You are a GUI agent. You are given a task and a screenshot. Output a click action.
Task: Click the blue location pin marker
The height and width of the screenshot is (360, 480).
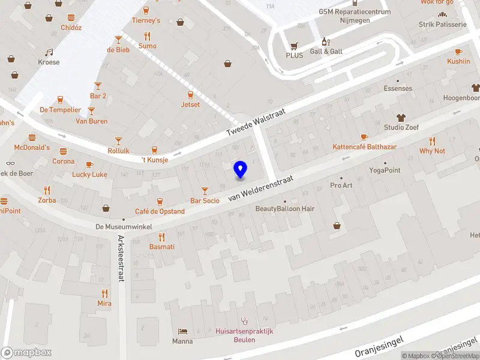coord(240,169)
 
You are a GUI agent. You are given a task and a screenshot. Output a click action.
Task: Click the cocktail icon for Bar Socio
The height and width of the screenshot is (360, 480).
coord(205,190)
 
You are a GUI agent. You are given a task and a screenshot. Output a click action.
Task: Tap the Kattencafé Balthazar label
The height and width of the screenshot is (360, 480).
coord(364,147)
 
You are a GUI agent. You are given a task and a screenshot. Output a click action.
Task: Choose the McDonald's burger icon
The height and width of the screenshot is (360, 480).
coord(63,149)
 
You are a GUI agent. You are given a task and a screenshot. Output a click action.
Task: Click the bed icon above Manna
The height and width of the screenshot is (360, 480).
coord(182,331)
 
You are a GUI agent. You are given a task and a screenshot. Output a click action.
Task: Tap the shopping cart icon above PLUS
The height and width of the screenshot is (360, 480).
coord(294,45)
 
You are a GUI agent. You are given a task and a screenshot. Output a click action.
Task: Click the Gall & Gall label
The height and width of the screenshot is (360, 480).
coord(326,52)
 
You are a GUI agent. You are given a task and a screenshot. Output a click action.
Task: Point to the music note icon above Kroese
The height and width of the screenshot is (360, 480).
coord(49,52)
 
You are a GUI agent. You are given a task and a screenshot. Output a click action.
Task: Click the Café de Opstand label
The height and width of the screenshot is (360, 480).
coord(160,211)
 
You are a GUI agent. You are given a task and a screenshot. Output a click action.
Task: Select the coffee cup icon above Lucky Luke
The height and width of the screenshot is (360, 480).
coord(89,164)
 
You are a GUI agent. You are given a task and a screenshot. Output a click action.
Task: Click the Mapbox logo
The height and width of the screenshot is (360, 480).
coord(26,353)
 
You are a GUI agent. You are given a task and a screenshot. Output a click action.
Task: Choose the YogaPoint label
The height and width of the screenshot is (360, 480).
coord(385,170)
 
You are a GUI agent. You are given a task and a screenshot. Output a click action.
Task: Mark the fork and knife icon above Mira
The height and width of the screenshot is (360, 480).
coord(104,293)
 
